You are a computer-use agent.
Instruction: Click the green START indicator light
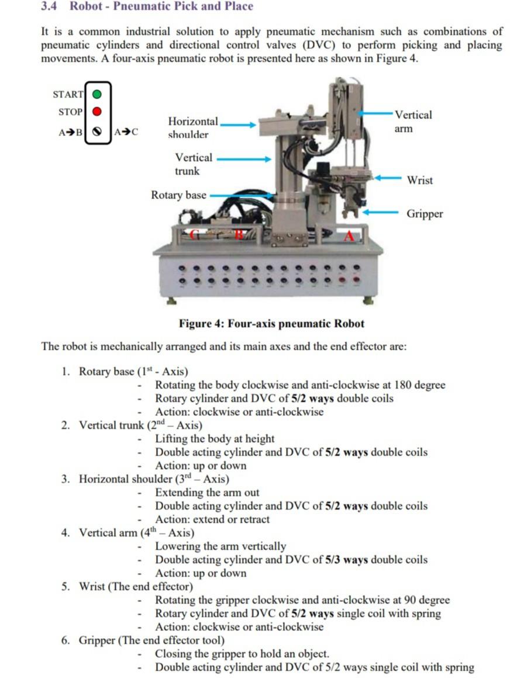point(98,93)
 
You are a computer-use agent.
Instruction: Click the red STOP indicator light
point(98,111)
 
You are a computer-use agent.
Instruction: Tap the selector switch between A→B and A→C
point(98,131)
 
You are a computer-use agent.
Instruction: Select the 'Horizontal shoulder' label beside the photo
point(192,128)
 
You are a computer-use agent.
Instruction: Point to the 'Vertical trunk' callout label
point(193,164)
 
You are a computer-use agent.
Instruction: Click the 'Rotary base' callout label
point(178,195)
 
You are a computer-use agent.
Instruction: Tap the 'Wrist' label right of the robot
point(419,180)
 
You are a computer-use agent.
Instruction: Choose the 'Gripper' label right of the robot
point(425,214)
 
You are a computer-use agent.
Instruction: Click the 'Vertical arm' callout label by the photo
point(412,122)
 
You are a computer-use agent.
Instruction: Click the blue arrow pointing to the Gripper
point(380,213)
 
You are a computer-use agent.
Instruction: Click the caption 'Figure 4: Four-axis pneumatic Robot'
point(271,324)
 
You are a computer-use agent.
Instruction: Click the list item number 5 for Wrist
point(66,587)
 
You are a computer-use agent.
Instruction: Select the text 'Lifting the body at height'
point(214,439)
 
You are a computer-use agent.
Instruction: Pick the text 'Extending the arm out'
point(206,493)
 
